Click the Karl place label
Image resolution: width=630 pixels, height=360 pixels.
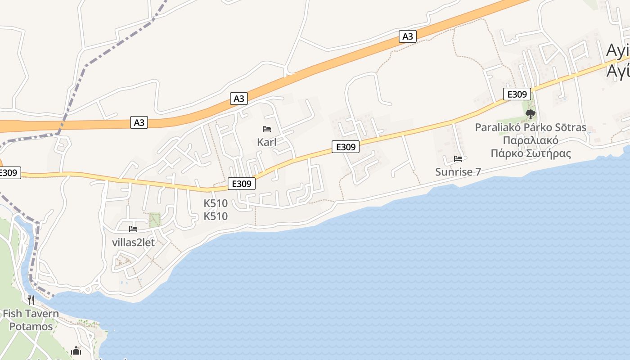click(x=266, y=142)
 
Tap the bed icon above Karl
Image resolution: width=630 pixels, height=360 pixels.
click(x=267, y=130)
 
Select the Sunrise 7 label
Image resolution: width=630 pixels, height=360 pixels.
click(x=458, y=172)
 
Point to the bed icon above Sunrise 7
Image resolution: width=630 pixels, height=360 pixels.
click(x=458, y=159)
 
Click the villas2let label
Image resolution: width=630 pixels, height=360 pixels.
click(x=133, y=243)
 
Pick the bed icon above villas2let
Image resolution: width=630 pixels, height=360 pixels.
click(x=133, y=229)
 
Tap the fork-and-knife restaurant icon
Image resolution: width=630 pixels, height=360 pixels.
click(x=31, y=300)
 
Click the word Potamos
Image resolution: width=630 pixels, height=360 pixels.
click(x=31, y=327)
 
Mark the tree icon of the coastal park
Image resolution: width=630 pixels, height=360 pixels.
click(x=531, y=113)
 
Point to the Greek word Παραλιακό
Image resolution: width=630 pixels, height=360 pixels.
click(x=531, y=140)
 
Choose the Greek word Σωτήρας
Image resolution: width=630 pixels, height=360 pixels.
click(x=550, y=153)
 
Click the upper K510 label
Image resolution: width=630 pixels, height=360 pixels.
click(x=216, y=203)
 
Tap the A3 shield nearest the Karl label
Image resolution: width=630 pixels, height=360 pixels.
click(x=239, y=99)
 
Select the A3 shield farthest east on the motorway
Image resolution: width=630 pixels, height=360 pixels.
click(x=407, y=36)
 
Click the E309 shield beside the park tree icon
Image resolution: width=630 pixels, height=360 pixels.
click(x=517, y=94)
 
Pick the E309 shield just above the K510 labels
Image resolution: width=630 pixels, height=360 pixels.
click(x=242, y=184)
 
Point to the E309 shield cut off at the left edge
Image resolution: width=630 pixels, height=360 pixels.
click(x=9, y=173)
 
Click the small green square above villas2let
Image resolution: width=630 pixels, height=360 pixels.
click(x=155, y=220)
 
